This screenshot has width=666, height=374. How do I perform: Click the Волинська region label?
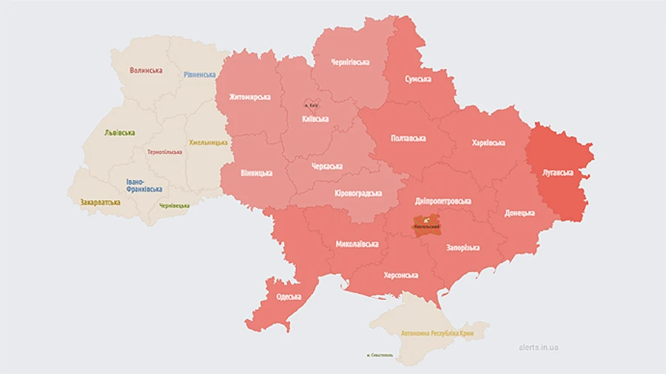146,70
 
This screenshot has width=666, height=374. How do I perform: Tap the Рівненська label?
200,75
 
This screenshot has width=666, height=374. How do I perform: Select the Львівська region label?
120,133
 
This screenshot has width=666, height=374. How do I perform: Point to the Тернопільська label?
165,151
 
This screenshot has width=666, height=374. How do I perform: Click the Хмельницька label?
209,142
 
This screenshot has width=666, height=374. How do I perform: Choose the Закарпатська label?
100,201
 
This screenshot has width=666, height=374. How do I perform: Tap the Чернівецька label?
174,205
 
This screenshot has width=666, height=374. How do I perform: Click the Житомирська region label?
249,97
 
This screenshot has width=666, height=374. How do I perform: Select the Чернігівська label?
350,62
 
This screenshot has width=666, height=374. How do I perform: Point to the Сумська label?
418,79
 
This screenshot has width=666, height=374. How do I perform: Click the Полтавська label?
408,138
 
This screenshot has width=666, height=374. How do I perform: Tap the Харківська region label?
488,142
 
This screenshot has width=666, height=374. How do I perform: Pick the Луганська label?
559,173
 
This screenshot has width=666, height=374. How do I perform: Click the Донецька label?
519,213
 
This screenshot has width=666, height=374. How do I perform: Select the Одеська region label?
289,297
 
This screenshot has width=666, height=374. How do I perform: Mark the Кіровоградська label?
357,193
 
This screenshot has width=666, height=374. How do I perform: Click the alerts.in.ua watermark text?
539,347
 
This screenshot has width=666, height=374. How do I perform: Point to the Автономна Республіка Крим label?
437,333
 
